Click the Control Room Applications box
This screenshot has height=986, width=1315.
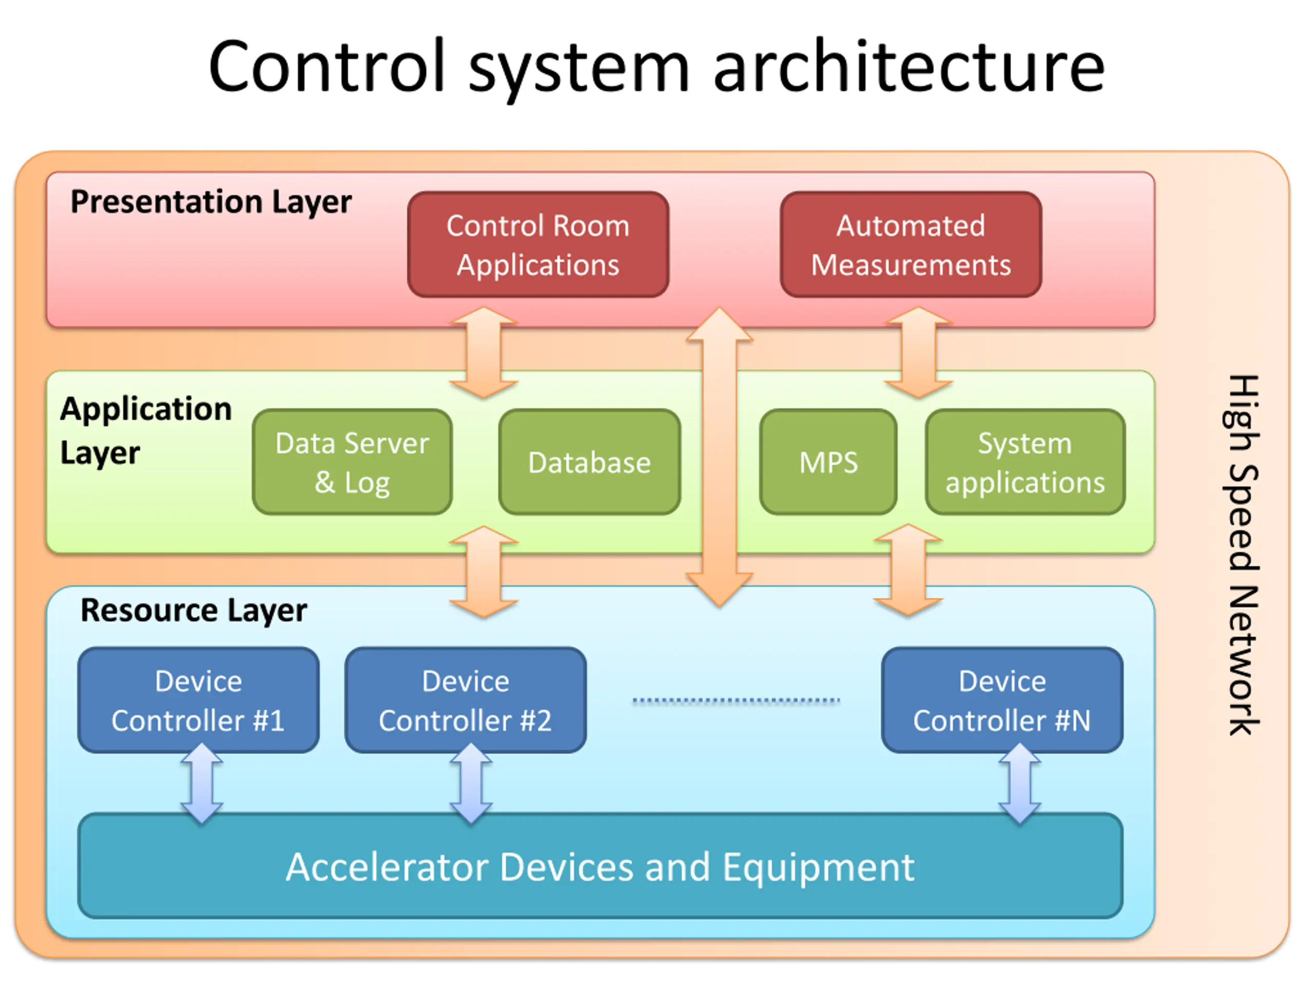(x=538, y=244)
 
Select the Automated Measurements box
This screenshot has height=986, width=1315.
(x=911, y=244)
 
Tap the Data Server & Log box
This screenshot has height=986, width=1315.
(x=352, y=462)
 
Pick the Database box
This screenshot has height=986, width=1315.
(x=590, y=462)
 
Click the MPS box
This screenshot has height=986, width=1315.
(x=828, y=462)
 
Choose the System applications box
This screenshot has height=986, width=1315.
(x=1025, y=462)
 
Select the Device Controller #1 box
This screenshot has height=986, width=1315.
(x=199, y=700)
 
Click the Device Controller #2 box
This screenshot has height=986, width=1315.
(x=465, y=700)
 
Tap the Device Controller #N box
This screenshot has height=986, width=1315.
(x=1002, y=700)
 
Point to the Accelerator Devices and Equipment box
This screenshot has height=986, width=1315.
(x=600, y=866)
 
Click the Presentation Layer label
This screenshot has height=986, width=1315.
(x=211, y=202)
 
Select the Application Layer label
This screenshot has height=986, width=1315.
(x=146, y=431)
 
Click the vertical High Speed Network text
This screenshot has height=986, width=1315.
(x=1242, y=555)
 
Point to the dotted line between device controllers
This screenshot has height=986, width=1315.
(x=736, y=700)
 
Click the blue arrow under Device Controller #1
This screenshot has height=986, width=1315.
(x=202, y=783)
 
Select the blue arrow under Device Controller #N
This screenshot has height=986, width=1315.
(x=1020, y=783)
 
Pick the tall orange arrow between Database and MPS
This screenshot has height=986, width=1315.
(x=719, y=457)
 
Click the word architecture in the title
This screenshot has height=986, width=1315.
(x=909, y=67)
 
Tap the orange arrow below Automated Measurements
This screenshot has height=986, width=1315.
(x=918, y=352)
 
